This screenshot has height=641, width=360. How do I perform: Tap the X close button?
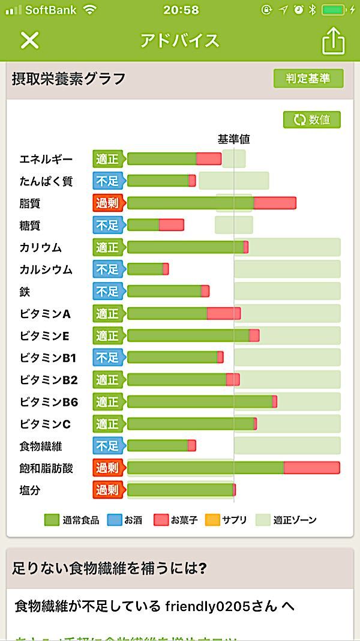coord(29,40)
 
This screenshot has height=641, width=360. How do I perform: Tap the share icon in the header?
coord(334,41)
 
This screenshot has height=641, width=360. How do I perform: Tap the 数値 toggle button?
coord(312,119)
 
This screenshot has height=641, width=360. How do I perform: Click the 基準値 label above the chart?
coord(233,139)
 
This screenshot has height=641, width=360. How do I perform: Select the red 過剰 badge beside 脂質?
coord(107,203)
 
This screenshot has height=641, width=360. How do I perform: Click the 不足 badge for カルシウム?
coord(107,269)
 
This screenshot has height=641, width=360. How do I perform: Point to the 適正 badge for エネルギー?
coord(107,159)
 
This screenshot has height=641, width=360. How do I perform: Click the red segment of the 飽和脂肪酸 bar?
coord(311,468)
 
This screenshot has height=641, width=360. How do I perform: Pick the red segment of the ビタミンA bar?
coord(223,313)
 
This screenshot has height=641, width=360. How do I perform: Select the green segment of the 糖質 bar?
coord(143,225)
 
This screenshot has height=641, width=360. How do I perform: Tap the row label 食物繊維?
coord(41,446)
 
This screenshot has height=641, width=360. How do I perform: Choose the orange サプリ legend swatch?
coord(212,520)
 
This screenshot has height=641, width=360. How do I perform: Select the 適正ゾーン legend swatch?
coord(263,520)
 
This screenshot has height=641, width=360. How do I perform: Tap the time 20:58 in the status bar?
coord(179,10)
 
